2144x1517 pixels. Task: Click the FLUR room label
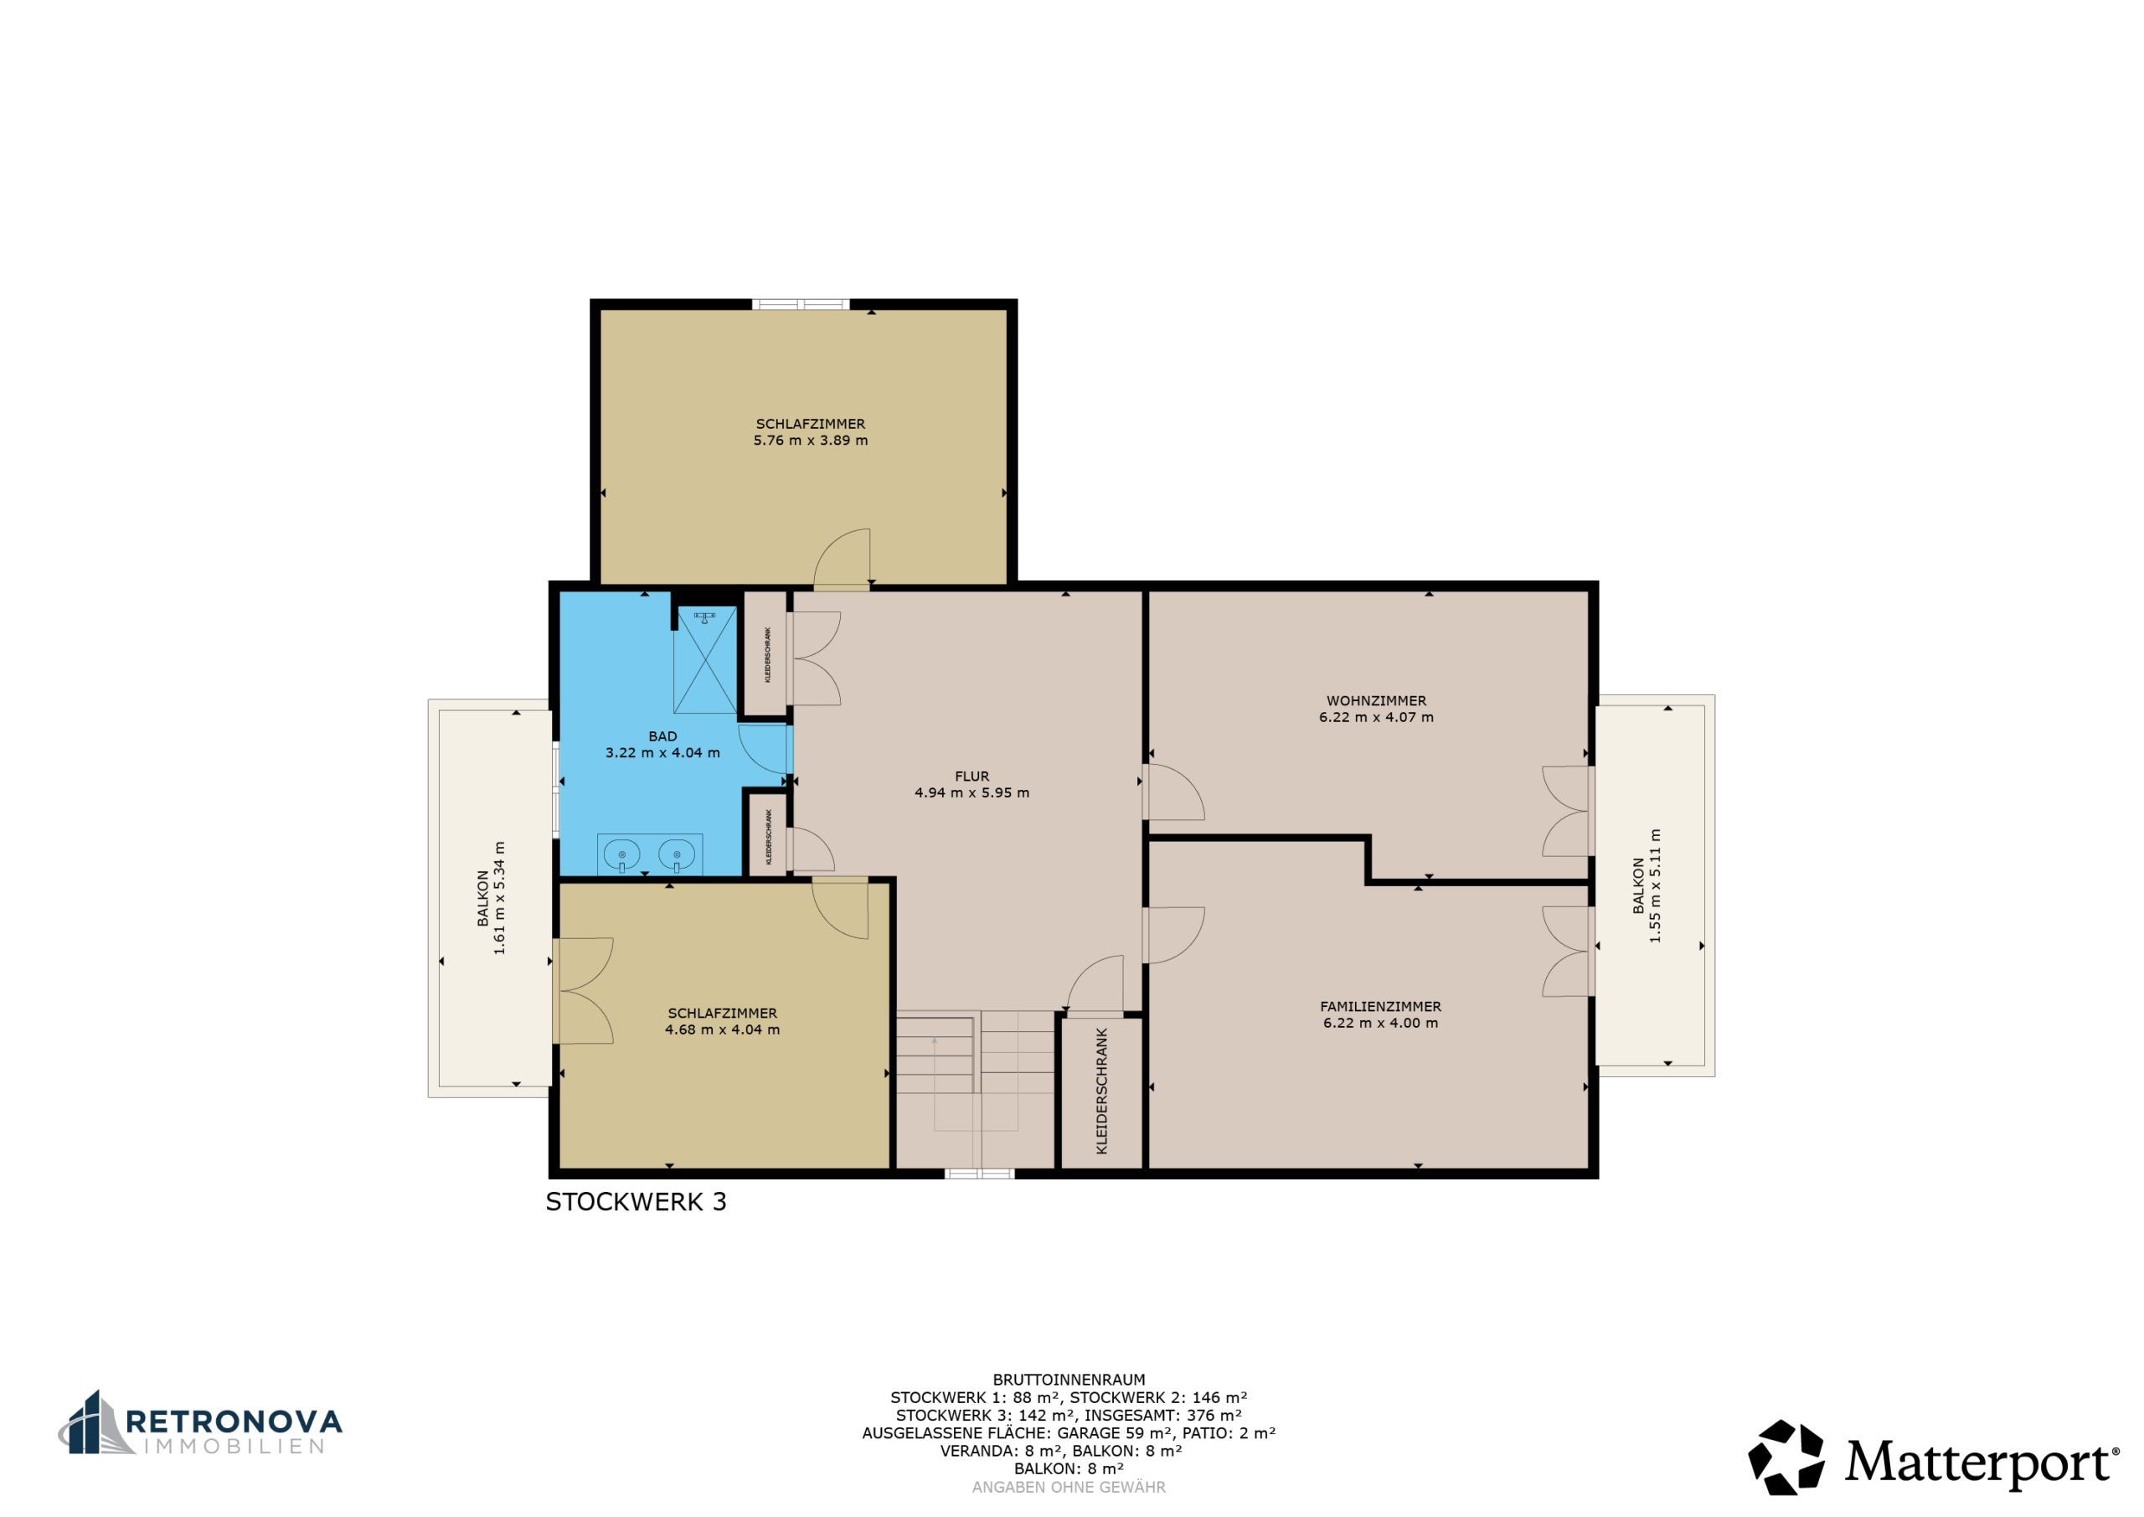point(971,777)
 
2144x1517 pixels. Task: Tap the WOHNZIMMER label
point(1376,700)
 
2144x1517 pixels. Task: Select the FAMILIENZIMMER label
point(1380,1006)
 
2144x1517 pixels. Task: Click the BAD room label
point(662,736)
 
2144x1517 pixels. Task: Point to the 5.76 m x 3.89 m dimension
point(811,440)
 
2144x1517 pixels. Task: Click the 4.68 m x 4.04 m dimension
point(722,1029)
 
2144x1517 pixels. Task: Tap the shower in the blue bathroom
point(705,659)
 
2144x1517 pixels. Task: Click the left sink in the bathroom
point(622,854)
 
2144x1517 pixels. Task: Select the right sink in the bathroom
point(676,854)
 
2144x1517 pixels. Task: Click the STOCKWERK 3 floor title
point(635,1201)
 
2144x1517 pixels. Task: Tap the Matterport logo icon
point(1786,1457)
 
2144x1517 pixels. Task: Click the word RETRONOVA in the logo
point(234,1422)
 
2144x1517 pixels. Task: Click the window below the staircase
point(979,1174)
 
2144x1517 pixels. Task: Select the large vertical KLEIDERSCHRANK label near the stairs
point(1101,1091)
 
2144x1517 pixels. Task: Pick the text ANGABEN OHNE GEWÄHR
point(1069,1487)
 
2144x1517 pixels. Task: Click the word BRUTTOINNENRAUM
point(1069,1380)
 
